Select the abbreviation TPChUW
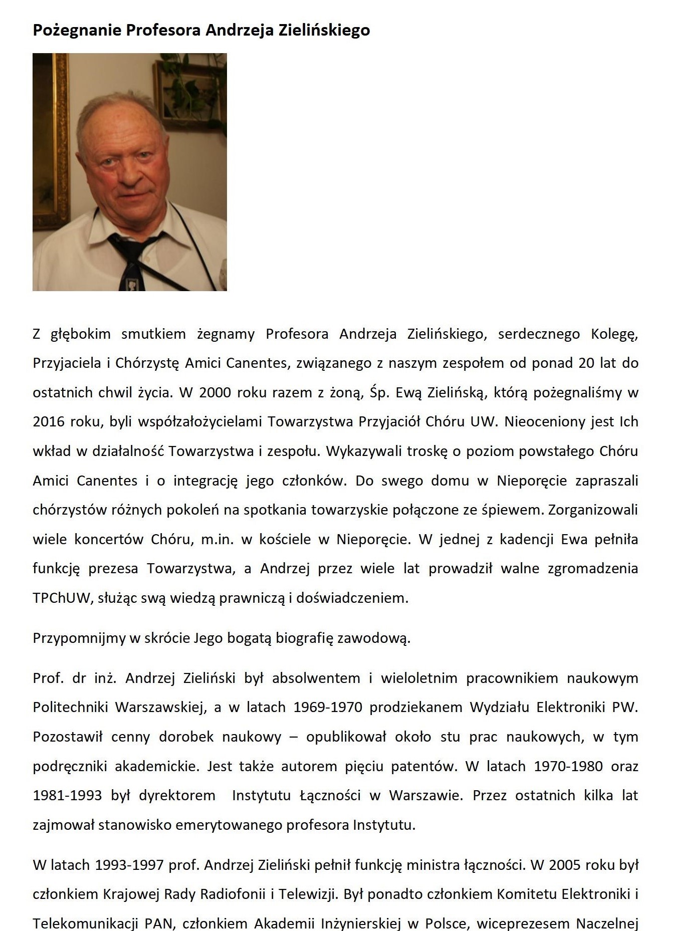(60, 598)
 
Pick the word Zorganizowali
(593, 510)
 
